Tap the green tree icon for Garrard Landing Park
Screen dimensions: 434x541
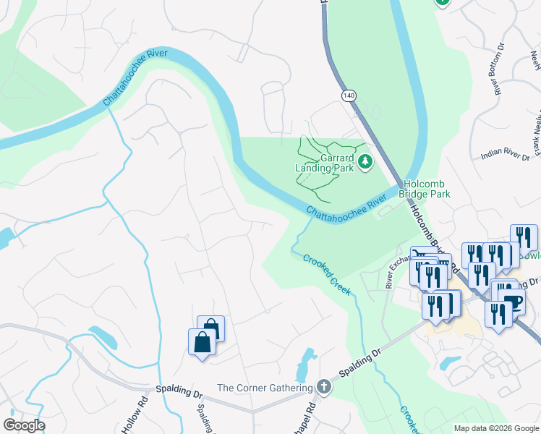pos(365,161)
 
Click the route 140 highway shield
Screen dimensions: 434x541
pos(350,95)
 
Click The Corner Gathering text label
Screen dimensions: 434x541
pos(264,388)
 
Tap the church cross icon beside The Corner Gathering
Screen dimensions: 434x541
pos(323,387)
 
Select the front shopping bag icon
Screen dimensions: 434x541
pos(202,342)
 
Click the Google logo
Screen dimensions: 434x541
pos(24,425)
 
